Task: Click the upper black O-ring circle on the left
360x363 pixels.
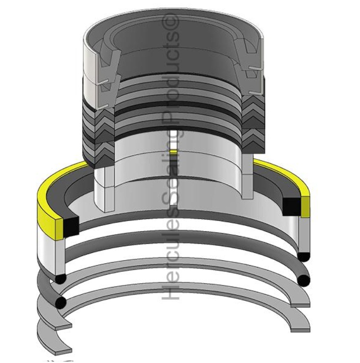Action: click(x=60, y=279)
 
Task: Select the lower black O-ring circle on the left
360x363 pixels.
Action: click(x=61, y=303)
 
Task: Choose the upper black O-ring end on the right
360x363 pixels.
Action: click(x=304, y=256)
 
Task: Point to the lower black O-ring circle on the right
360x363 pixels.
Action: click(x=305, y=280)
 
